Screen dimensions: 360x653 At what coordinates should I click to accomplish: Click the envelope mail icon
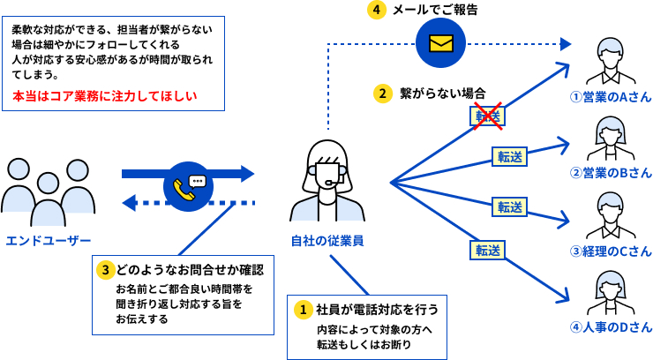point(439,43)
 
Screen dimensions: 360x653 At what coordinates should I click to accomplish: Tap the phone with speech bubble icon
point(187,186)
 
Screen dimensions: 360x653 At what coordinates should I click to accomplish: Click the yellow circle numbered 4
point(378,11)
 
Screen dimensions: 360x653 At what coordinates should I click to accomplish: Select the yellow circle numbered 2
point(382,93)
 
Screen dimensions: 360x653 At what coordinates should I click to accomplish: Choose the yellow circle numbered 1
point(303,310)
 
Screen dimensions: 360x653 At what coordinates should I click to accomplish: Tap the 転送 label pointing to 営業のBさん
point(509,157)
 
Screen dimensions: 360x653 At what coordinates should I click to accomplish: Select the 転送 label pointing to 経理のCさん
point(509,207)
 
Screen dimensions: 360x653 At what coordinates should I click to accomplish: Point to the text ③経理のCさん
point(611,251)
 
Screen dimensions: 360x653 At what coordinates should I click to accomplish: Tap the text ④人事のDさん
point(611,327)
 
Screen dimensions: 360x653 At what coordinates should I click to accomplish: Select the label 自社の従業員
point(326,240)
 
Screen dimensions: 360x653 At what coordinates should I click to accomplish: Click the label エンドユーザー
point(49,240)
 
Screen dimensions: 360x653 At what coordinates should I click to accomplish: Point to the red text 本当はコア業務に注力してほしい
point(104,95)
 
